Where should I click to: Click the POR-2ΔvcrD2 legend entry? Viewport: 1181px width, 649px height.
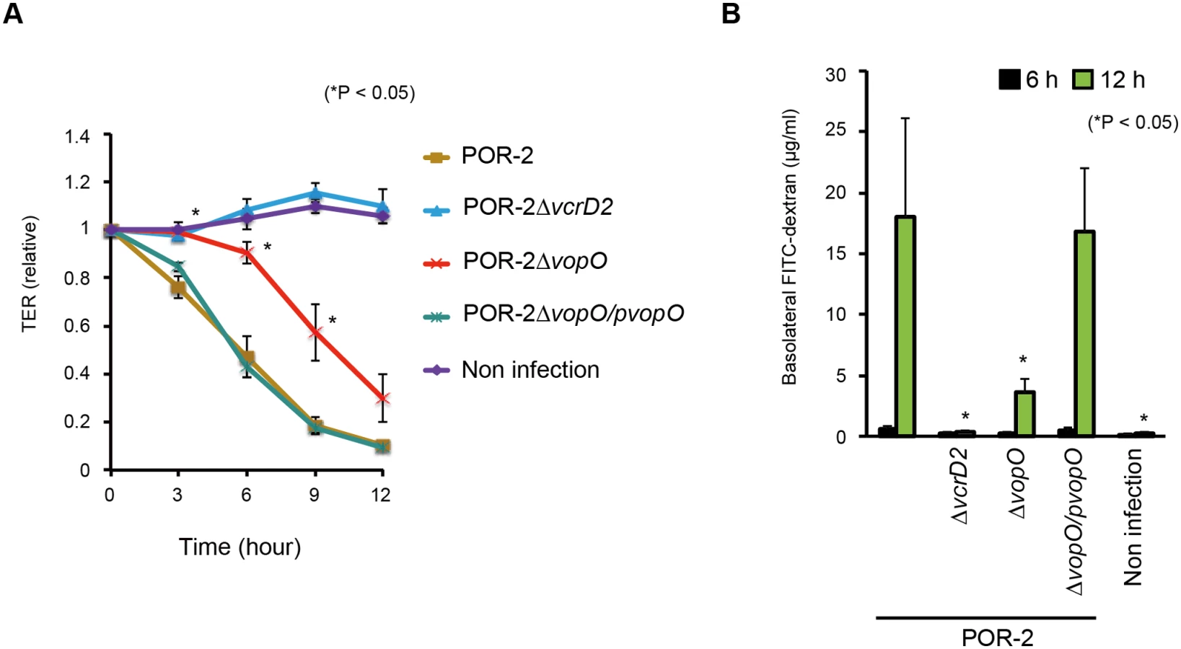[518, 208]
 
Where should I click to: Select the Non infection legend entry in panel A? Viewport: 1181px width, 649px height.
[512, 370]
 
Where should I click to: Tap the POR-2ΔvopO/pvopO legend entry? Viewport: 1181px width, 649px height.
[553, 314]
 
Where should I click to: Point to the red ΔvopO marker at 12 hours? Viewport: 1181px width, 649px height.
[383, 399]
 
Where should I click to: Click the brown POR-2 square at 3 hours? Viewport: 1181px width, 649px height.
[178, 288]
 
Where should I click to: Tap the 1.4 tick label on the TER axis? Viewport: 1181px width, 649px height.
[77, 137]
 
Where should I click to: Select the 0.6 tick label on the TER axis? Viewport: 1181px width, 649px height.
[77, 326]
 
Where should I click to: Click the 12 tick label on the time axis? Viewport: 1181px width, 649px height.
[381, 495]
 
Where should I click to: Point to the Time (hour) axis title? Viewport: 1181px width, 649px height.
[240, 547]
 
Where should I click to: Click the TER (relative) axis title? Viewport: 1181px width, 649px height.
[30, 273]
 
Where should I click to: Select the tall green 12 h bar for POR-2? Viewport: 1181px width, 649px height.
[906, 326]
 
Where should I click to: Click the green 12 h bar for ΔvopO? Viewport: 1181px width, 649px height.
[1024, 413]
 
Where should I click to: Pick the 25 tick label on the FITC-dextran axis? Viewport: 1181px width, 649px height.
[835, 132]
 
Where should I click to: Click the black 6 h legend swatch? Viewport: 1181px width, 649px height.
[1009, 80]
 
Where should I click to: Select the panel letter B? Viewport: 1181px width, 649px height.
[732, 14]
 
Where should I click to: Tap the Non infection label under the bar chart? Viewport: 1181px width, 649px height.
[1133, 517]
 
